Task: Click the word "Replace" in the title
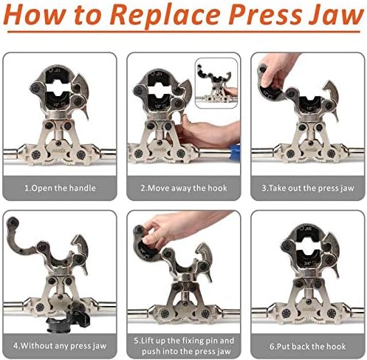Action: tap(165, 16)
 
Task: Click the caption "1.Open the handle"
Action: tap(60, 188)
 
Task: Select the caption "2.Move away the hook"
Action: tap(184, 189)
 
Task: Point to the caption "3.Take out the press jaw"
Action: tap(308, 189)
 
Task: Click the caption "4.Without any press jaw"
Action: tap(60, 346)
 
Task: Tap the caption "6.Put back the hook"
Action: tap(308, 347)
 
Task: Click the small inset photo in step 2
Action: tap(216, 83)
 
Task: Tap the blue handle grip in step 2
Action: tap(235, 152)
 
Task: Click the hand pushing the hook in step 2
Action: tap(205, 132)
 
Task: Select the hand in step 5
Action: tap(182, 228)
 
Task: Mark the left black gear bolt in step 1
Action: tap(36, 155)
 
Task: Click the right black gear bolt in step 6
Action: tap(332, 313)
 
